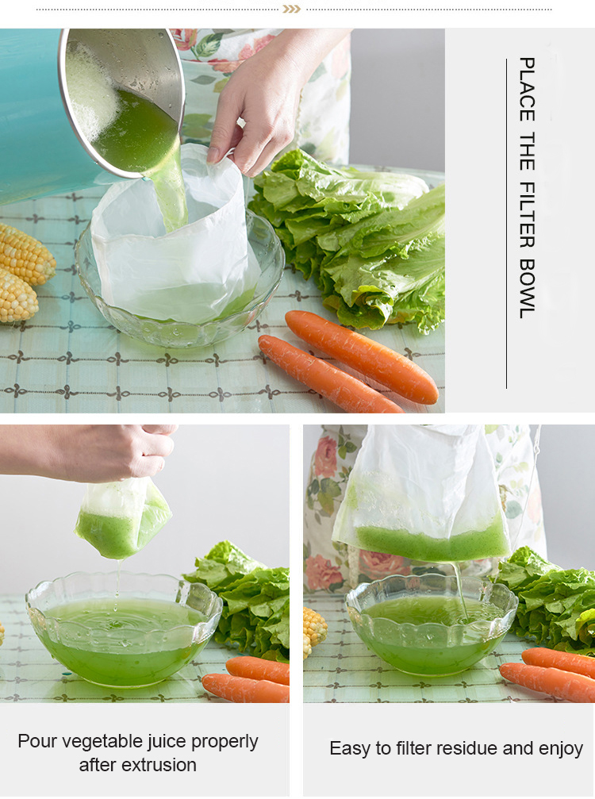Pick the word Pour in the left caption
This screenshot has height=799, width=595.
[37, 742]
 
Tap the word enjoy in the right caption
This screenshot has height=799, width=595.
[559, 748]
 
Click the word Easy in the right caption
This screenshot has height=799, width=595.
[350, 748]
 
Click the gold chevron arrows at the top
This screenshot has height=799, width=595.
[292, 9]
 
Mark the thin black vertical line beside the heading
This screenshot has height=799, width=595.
[506, 222]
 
